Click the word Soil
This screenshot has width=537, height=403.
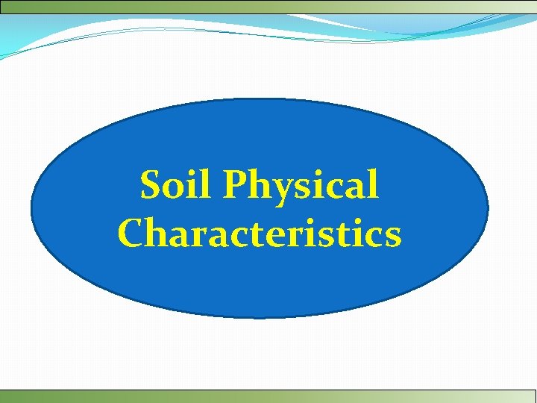coord(173,185)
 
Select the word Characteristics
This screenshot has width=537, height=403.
coord(260,233)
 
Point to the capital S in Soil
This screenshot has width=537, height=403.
coord(152,186)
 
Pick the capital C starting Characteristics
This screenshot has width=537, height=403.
coord(131,233)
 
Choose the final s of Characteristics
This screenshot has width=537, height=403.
coord(392,237)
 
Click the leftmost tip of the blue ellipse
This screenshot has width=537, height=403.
coord(31,208)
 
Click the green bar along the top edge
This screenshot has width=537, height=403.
coord(268,6)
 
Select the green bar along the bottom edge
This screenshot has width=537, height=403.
coord(268,396)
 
